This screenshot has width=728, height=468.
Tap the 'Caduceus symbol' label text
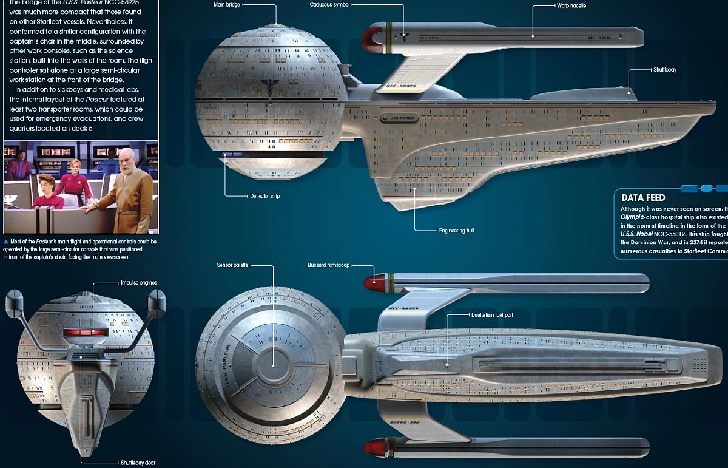(x=330, y=5)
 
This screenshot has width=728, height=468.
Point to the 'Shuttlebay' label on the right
(x=665, y=70)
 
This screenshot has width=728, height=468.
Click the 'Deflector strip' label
(x=265, y=196)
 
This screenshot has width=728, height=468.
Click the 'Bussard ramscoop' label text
(x=329, y=265)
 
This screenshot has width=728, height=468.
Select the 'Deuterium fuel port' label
(x=492, y=315)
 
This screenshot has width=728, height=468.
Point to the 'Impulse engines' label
(x=139, y=283)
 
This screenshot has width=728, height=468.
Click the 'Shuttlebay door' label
(x=137, y=463)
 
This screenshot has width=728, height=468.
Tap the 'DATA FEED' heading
(x=643, y=197)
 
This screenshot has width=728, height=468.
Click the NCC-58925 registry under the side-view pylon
(x=401, y=87)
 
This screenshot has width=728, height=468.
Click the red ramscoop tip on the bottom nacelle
(x=371, y=449)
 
